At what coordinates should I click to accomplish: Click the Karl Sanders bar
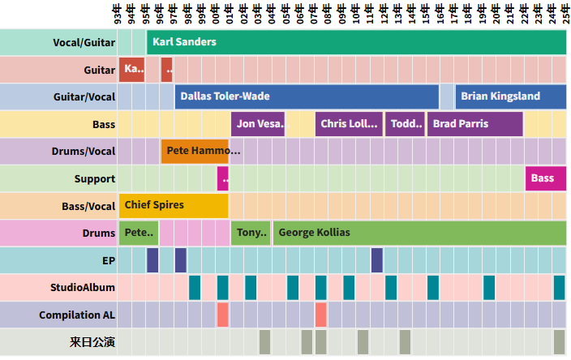pos(356,41)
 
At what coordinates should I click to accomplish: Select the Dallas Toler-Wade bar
pos(307,96)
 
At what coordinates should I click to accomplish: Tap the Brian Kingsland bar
pos(510,96)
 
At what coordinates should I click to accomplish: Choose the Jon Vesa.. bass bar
pos(258,124)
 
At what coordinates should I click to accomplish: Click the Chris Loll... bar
pos(349,124)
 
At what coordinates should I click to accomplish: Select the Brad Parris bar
pos(474,124)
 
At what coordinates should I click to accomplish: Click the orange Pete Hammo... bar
pos(195,151)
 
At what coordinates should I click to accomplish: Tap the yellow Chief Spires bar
pos(174,205)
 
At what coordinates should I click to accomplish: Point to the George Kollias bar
pos(419,233)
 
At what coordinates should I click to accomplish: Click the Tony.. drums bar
pos(251,233)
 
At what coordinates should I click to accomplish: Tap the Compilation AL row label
pos(77,315)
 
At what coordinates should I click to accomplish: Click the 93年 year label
pos(118,14)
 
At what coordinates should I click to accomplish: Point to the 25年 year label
pos(560,14)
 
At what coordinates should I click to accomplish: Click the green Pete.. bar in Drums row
pos(139,233)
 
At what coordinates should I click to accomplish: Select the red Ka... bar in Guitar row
pos(131,70)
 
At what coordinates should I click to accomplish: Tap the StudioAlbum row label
pos(83,287)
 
